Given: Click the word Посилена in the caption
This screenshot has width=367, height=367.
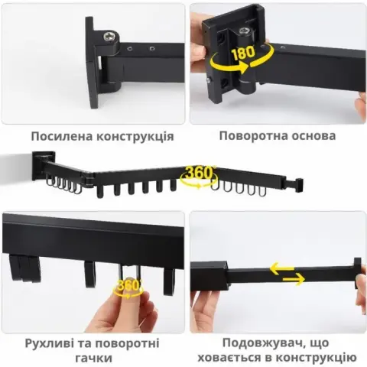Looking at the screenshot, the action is pos(62,136).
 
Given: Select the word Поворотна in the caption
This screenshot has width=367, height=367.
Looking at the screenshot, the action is pos(253,135).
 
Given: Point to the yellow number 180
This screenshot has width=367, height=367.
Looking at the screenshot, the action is pos(243,53).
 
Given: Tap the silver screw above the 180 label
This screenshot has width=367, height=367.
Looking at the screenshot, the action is pos(245,31).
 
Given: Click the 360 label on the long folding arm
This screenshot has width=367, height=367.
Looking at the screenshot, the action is pos(199,173).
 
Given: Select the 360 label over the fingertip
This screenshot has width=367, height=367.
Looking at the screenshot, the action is pos(128,286).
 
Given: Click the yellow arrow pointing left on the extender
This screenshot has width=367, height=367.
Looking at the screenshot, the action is pos(282,268).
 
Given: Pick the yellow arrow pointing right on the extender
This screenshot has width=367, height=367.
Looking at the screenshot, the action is pos(294,279).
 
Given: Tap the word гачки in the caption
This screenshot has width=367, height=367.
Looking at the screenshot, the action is pos(93,358).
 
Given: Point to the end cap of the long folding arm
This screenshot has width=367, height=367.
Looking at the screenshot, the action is pos(299,185).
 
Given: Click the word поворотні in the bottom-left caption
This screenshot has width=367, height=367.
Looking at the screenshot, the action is pos(128,343).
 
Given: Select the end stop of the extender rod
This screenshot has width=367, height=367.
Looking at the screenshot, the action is pos(358,273).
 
